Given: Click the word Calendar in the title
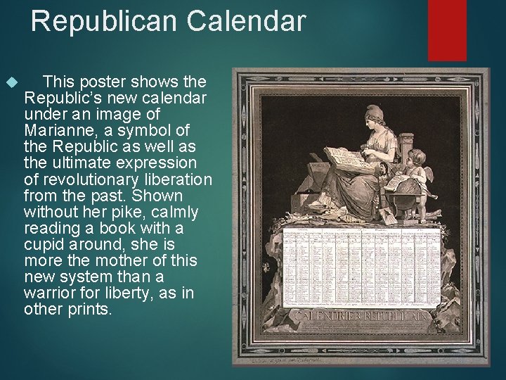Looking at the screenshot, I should click(246, 21).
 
